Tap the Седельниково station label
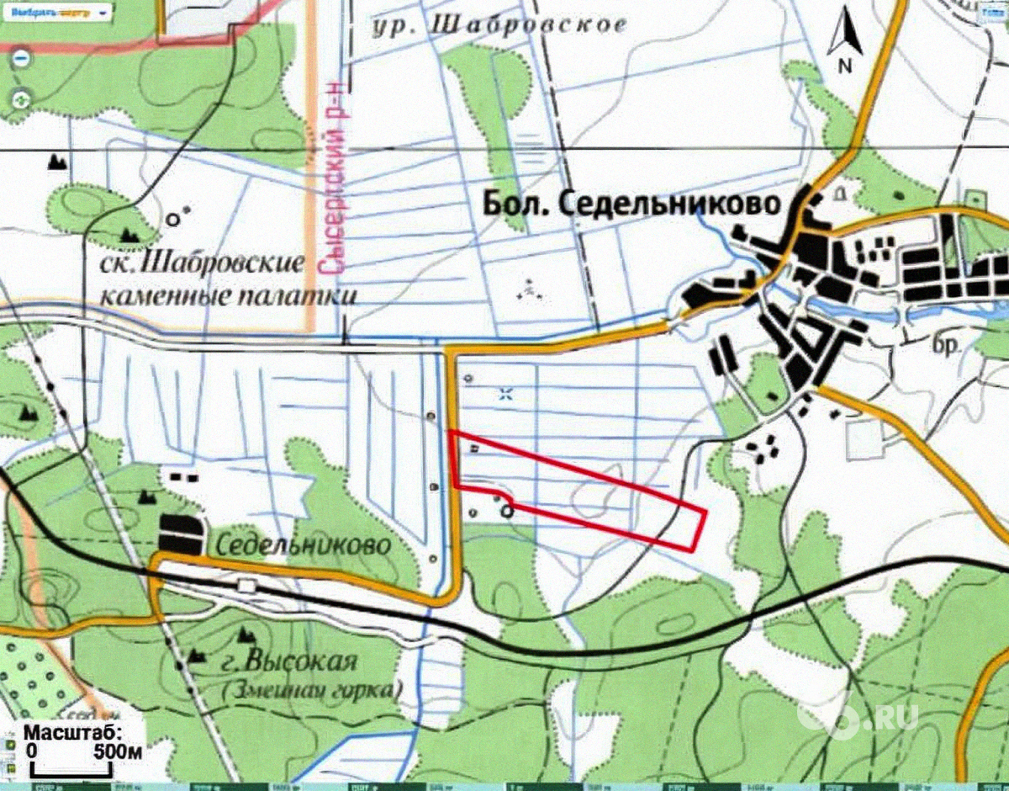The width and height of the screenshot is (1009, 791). (x=303, y=544)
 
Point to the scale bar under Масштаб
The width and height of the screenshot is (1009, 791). (x=72, y=767)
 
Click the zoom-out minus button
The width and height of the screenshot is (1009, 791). (x=21, y=59)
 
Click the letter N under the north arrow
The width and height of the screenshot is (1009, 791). (x=844, y=65)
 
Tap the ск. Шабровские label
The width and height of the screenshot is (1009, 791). (x=201, y=264)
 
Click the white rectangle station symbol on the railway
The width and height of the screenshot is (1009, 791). (x=247, y=585)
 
